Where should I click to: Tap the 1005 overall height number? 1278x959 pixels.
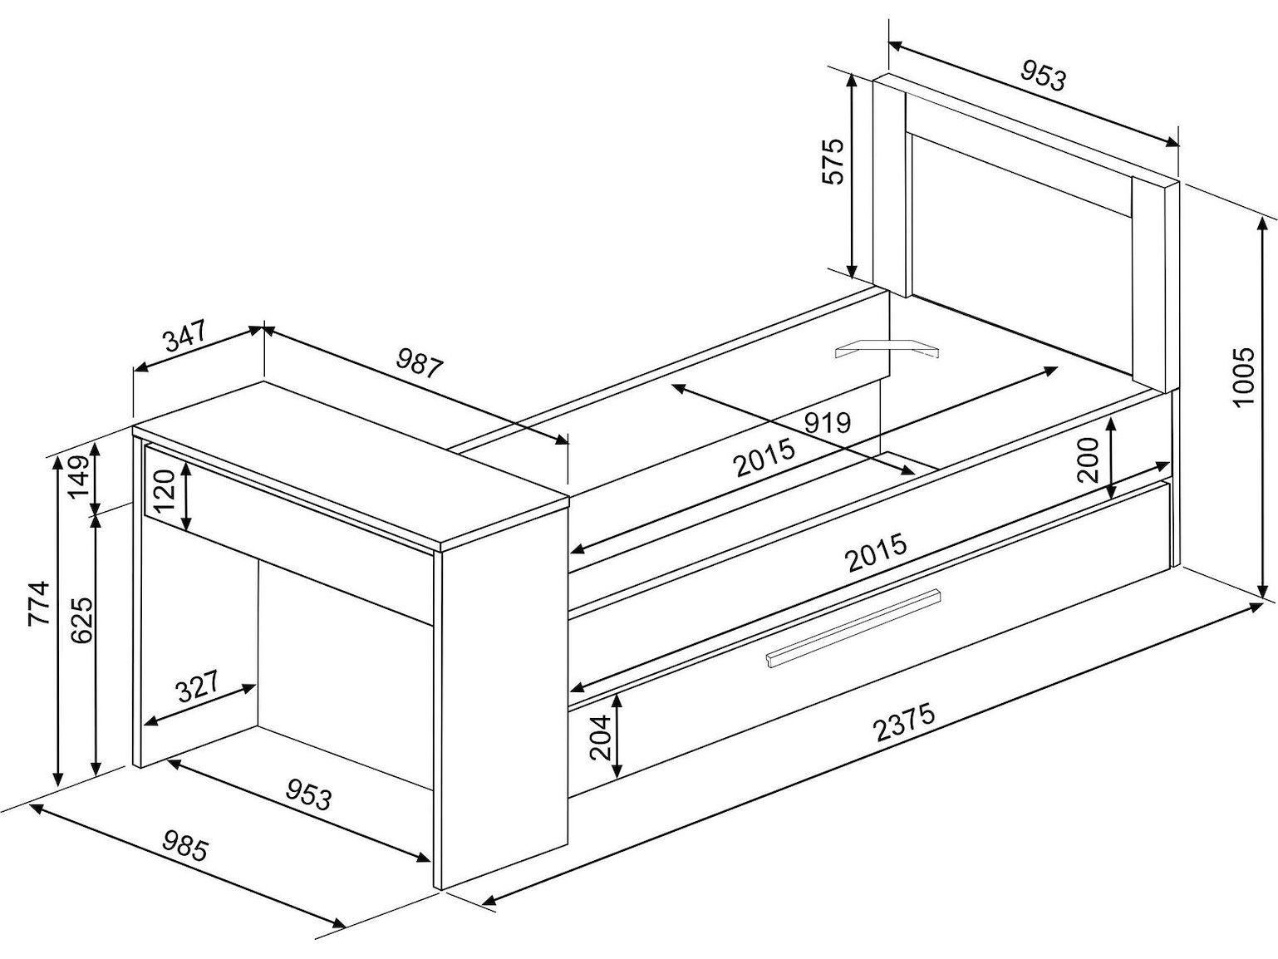click(x=1244, y=378)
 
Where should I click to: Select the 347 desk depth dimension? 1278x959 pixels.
click(x=186, y=337)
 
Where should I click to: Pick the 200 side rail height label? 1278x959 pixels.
click(x=1087, y=460)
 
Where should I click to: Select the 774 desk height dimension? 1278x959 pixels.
click(x=40, y=603)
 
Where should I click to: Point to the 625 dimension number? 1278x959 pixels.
click(x=81, y=620)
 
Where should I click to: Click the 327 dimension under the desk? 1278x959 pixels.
click(x=198, y=686)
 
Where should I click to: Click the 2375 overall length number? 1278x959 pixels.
click(x=904, y=723)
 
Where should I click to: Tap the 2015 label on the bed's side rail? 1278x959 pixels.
click(x=877, y=553)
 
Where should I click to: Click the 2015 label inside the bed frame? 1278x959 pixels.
click(x=764, y=458)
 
